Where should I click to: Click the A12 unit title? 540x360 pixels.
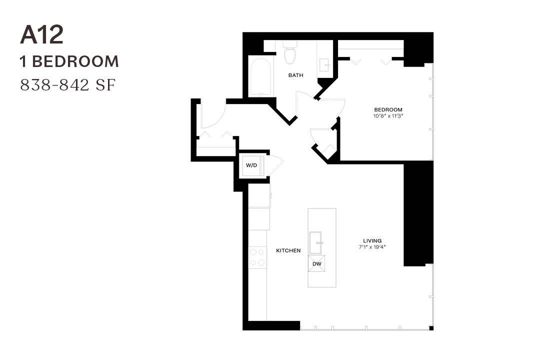tap(42, 35)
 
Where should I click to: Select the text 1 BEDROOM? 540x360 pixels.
tap(69, 61)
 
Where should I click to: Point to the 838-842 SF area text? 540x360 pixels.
tap(67, 85)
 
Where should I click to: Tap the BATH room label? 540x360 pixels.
tap(295, 75)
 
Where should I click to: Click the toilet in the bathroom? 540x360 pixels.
tap(290, 53)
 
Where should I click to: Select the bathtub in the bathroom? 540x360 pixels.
tap(260, 77)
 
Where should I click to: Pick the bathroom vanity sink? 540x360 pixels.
tap(324, 64)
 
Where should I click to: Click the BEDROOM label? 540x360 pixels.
tap(388, 109)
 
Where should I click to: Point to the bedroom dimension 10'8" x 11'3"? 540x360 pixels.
tap(388, 116)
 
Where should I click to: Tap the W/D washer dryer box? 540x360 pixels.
tap(251, 165)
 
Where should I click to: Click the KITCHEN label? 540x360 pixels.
tap(288, 250)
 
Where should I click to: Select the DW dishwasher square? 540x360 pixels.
tap(316, 263)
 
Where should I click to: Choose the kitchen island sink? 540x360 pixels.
tap(316, 243)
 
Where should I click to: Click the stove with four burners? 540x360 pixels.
tap(257, 257)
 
